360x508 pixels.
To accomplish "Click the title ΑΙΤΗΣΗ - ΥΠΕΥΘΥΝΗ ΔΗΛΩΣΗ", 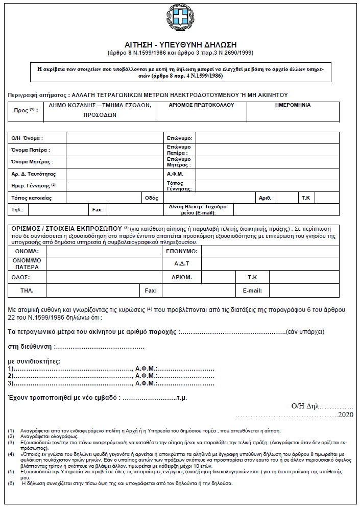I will [x=180, y=45].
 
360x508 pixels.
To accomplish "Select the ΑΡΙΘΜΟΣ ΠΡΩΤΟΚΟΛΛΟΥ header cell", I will [x=201, y=105].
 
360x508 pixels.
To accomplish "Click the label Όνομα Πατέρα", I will [x=31, y=150].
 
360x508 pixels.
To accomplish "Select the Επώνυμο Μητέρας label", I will [x=179, y=162].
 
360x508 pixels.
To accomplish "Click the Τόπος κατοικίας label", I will [x=32, y=198].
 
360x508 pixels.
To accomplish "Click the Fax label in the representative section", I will [x=151, y=291].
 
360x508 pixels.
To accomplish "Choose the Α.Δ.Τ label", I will [x=182, y=263].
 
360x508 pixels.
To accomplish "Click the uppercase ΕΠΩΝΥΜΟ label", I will [x=182, y=252].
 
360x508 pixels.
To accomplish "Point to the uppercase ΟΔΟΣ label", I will [x=21, y=277].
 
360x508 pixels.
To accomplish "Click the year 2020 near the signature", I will [x=346, y=415].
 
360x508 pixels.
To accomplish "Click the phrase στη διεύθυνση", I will [x=30, y=347].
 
